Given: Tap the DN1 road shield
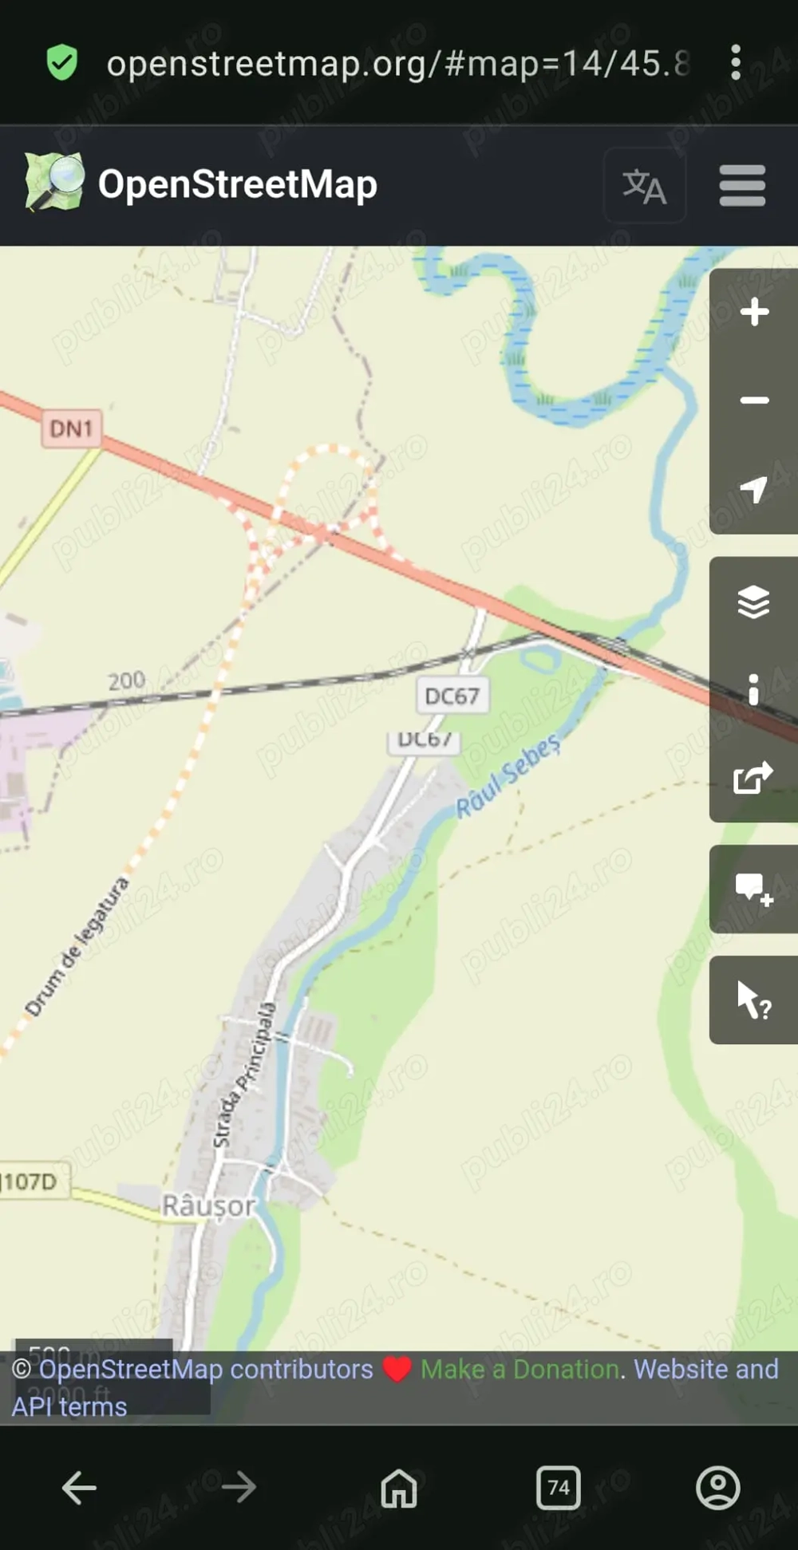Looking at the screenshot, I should pyautogui.click(x=72, y=429).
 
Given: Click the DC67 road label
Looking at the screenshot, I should pyautogui.click(x=452, y=696).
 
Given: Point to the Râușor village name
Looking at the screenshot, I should pyautogui.click(x=208, y=1205).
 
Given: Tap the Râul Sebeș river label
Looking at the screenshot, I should pyautogui.click(x=508, y=776).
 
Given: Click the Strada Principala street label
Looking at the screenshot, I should pyautogui.click(x=244, y=1075).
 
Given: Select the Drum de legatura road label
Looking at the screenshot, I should pyautogui.click(x=77, y=947).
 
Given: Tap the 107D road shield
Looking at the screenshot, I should pyautogui.click(x=32, y=1181).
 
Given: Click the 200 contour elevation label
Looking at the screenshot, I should pyautogui.click(x=127, y=680).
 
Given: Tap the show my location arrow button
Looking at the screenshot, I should pyautogui.click(x=753, y=489).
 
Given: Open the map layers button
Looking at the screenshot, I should pyautogui.click(x=753, y=601).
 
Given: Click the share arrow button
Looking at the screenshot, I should pyautogui.click(x=753, y=777).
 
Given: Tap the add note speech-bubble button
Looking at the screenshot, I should pyautogui.click(x=753, y=889).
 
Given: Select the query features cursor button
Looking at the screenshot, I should pyautogui.click(x=753, y=1000).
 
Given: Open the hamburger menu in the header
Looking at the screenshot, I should pyautogui.click(x=742, y=186).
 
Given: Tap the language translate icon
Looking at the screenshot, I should pyautogui.click(x=644, y=186).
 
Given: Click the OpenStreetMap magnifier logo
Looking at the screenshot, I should pyautogui.click(x=54, y=183).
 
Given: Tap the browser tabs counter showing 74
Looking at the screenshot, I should pyautogui.click(x=559, y=1487).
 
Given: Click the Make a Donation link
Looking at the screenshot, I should pyautogui.click(x=520, y=1369).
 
